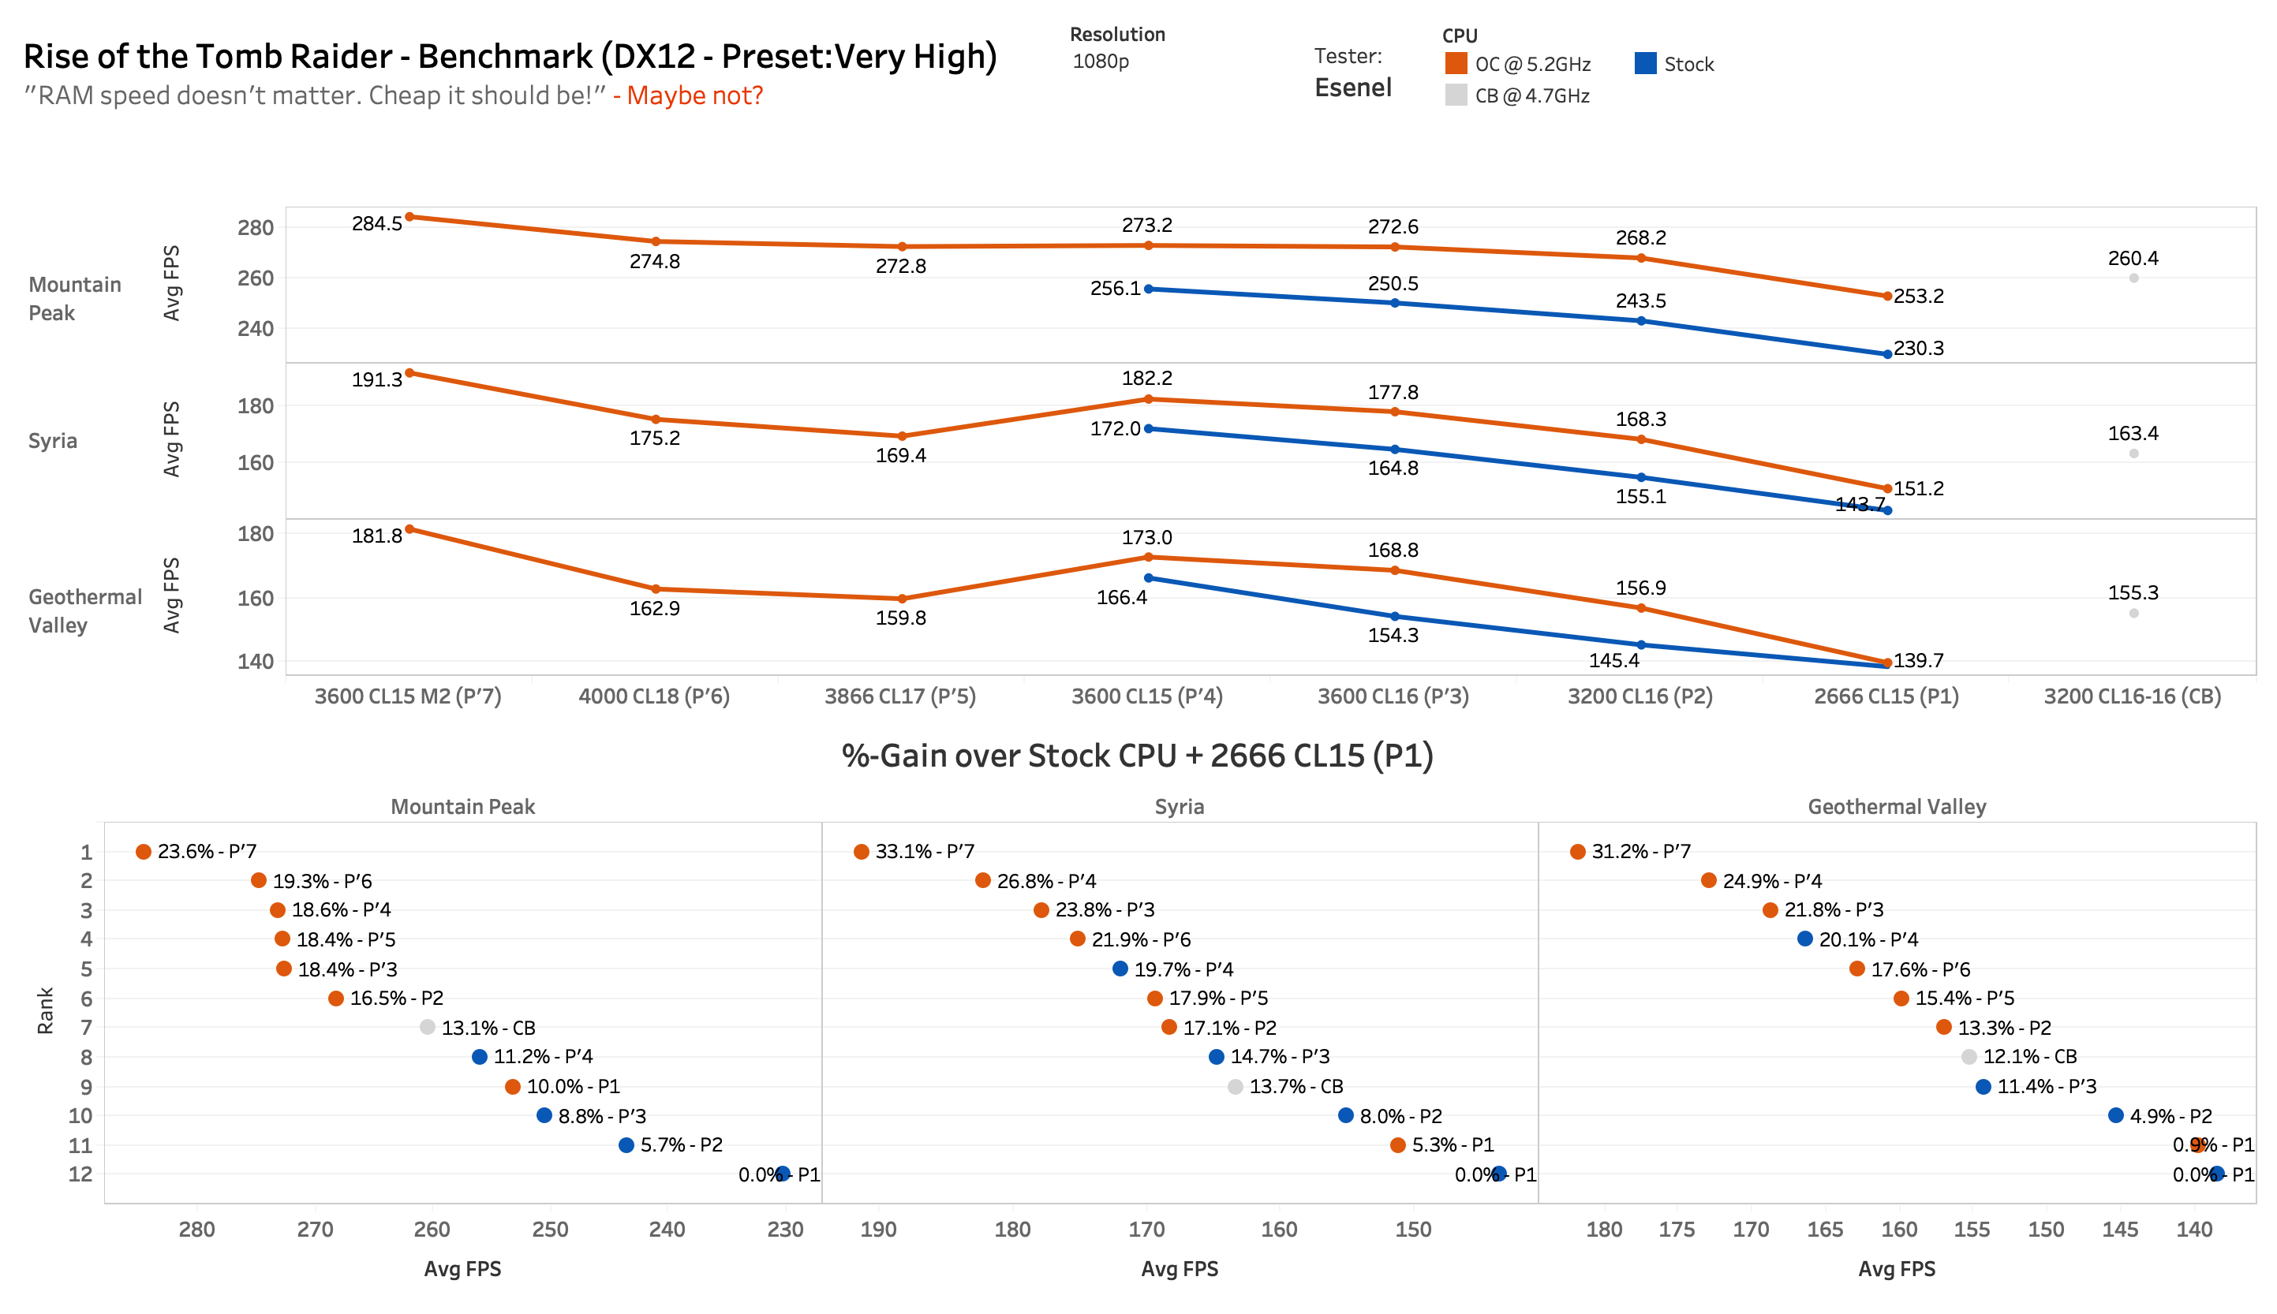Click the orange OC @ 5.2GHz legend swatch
[1455, 63]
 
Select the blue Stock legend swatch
[1644, 63]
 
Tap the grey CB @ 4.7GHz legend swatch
[1455, 95]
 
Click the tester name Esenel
[1352, 88]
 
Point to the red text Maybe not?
[694, 95]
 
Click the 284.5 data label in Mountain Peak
[376, 223]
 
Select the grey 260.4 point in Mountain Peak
[2133, 278]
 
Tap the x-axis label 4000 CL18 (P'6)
[653, 696]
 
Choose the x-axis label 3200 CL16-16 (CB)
[2132, 696]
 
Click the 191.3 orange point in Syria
[409, 373]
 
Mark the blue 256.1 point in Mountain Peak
[1148, 289]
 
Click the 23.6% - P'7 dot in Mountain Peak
[144, 851]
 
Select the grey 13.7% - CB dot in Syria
[1235, 1087]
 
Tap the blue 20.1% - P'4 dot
[1804, 939]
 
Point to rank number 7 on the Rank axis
[86, 1027]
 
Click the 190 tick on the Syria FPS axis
[878, 1229]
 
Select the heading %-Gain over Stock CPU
[1137, 756]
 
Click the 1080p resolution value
[1100, 62]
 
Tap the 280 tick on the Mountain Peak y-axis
[256, 227]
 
